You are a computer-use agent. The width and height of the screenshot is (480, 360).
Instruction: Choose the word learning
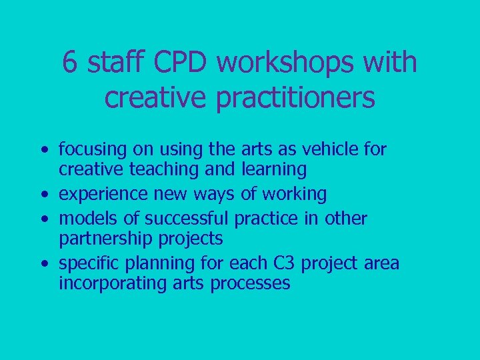tap(271, 170)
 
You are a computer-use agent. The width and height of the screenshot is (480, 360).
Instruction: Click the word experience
tap(101, 194)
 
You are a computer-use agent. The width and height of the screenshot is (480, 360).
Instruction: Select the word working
tap(294, 194)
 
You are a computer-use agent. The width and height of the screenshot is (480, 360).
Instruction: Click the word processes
tap(250, 283)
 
